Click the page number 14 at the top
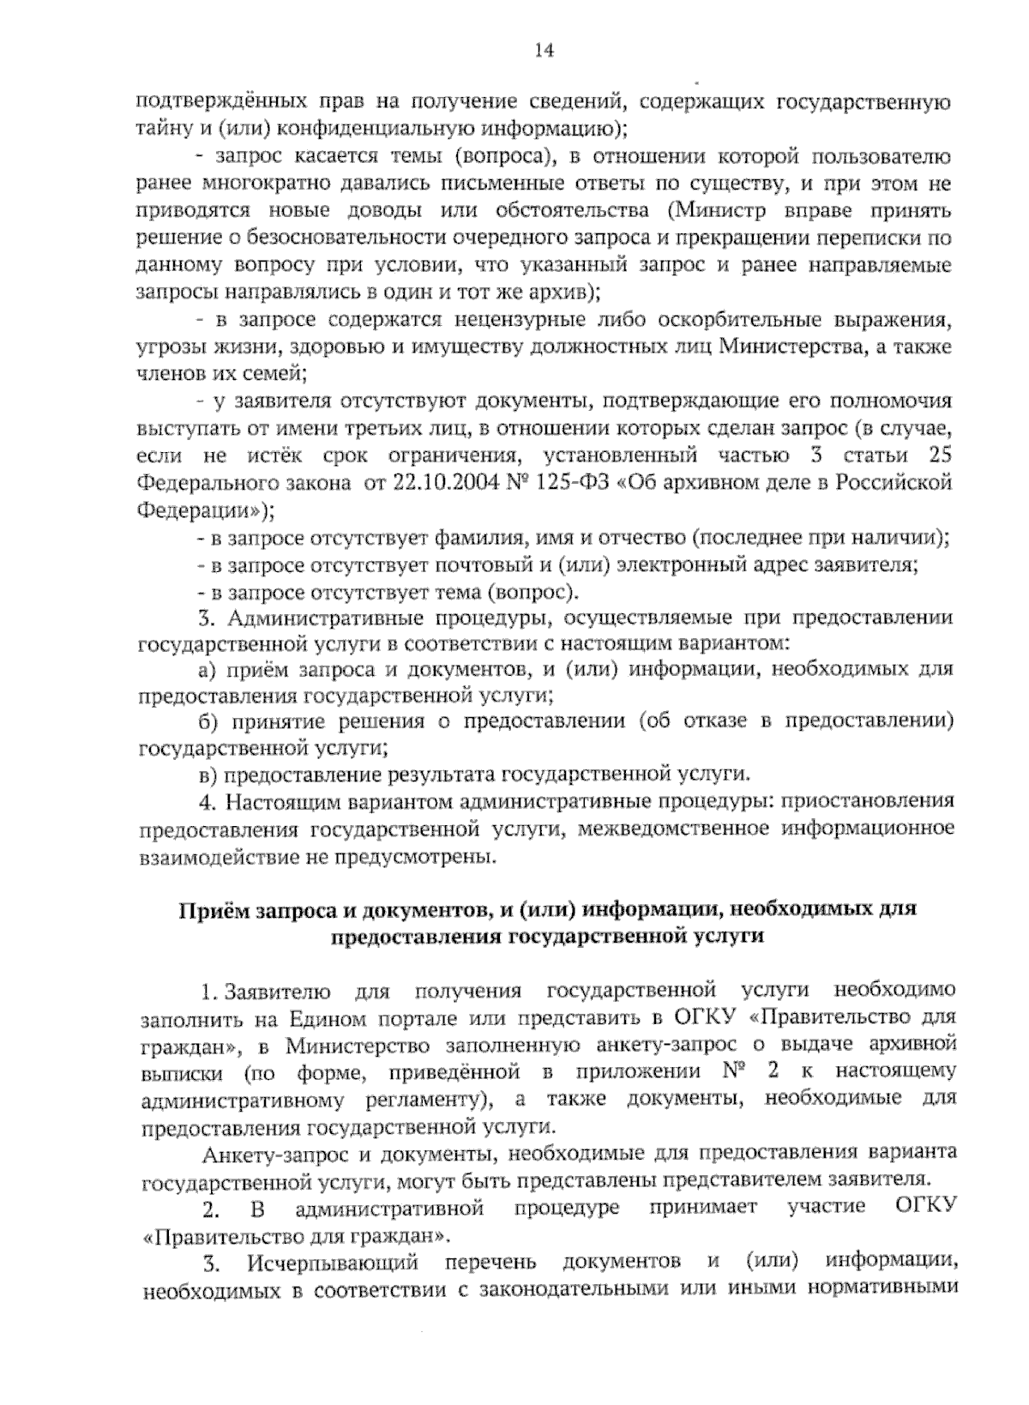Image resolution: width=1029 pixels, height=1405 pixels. (543, 51)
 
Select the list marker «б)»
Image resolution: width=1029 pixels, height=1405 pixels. (210, 721)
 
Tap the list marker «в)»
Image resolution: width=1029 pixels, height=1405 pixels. (208, 775)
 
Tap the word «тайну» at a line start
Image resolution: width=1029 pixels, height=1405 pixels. (161, 130)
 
